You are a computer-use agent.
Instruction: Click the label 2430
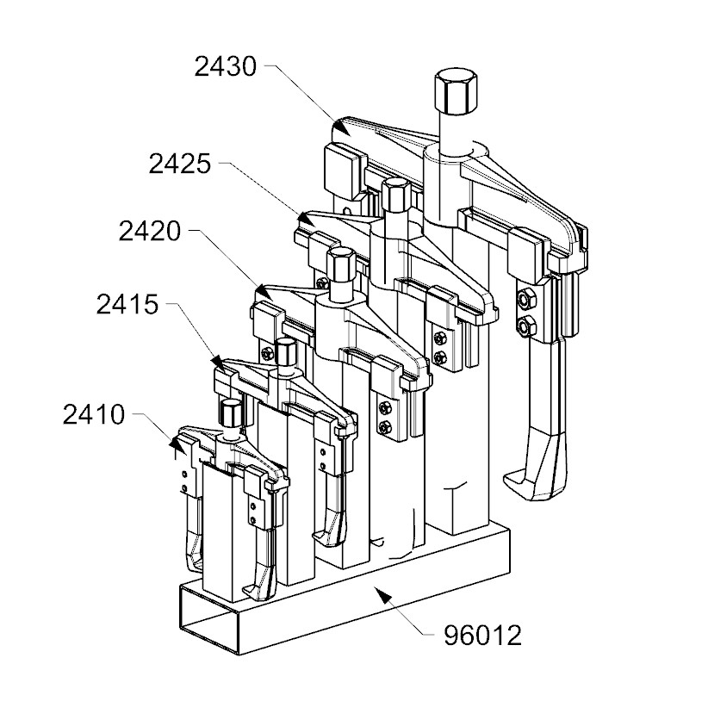pos(226,66)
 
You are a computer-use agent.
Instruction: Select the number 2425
pos(179,163)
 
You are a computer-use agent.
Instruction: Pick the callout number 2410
pos(94,415)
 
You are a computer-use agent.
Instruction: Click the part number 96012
pos(482,636)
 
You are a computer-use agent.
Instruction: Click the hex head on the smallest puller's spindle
pos(229,412)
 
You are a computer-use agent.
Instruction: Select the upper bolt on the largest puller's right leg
pos(524,299)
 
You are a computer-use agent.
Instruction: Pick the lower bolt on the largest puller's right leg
pos(525,326)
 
